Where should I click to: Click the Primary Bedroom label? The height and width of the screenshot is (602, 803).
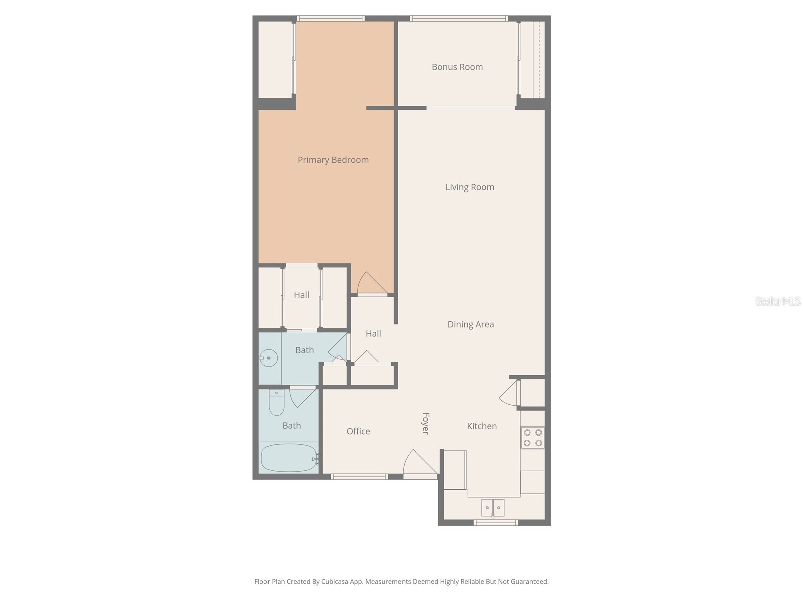click(x=333, y=160)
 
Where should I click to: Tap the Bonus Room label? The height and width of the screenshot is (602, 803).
click(x=457, y=67)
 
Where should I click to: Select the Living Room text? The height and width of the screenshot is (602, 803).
click(x=470, y=187)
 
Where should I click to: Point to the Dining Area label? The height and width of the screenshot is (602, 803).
click(x=470, y=324)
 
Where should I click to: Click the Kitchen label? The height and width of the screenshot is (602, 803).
click(x=482, y=426)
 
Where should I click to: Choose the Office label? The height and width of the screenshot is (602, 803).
click(x=358, y=431)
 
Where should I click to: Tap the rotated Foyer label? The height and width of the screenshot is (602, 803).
click(x=426, y=423)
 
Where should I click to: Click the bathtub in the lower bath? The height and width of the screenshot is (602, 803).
click(x=288, y=458)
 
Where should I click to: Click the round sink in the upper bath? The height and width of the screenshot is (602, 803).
click(x=268, y=358)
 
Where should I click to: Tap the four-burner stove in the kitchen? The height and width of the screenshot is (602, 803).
click(x=532, y=437)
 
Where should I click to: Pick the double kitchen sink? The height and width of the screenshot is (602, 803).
click(x=492, y=507)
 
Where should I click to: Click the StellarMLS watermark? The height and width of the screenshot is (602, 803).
click(x=777, y=301)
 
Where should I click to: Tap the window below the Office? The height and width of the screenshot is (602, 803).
click(x=359, y=476)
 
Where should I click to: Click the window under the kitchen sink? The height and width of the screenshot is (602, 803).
click(x=495, y=523)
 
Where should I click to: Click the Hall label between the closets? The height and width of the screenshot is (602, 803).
click(x=301, y=295)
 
